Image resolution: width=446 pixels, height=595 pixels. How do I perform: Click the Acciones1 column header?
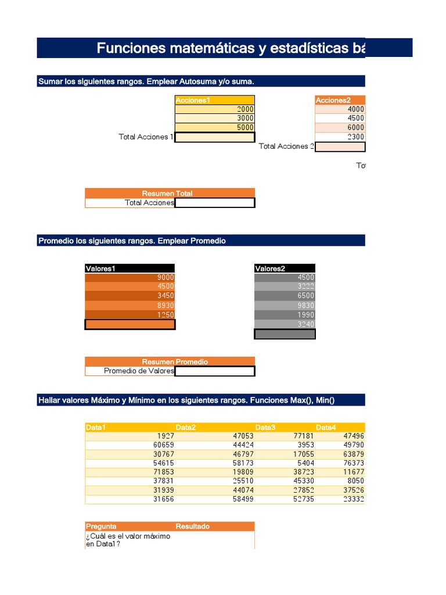(x=214, y=100)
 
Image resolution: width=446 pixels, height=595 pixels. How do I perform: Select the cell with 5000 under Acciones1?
(x=214, y=128)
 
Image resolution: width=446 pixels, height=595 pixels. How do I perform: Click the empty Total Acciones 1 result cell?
(x=214, y=137)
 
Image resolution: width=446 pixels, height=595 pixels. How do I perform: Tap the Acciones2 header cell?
(x=340, y=100)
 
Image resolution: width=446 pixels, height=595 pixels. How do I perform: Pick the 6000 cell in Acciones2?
(x=340, y=128)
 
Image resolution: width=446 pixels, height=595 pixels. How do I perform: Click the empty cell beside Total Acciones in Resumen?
(x=214, y=203)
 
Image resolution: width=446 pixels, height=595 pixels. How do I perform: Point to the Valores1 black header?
(x=130, y=268)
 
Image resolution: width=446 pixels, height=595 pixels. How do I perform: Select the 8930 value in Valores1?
(x=130, y=306)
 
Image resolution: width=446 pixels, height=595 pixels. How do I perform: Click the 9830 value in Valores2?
(x=285, y=306)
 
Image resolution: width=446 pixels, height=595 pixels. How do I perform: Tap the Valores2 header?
(x=285, y=268)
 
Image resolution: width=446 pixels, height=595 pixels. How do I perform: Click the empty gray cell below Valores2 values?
(x=285, y=334)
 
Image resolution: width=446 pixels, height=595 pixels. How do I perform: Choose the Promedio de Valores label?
(x=138, y=371)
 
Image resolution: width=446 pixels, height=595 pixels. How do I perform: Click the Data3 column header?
(x=265, y=428)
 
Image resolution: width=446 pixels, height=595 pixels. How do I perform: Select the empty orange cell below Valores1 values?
(x=130, y=324)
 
